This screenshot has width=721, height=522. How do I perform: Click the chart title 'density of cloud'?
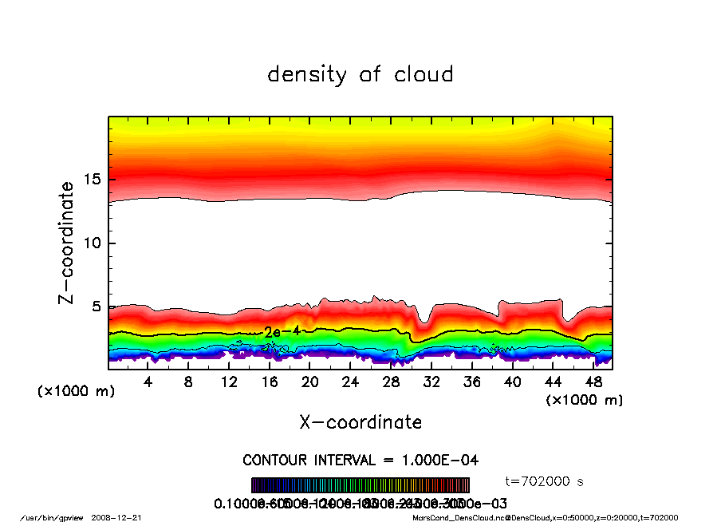[360, 75]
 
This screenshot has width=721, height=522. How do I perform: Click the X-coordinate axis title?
[360, 422]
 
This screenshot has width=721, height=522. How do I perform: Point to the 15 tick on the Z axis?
[94, 179]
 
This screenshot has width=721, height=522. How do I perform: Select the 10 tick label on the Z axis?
[94, 243]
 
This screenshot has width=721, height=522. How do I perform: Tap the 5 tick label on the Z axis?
[98, 306]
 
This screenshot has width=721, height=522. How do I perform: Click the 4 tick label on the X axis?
[148, 382]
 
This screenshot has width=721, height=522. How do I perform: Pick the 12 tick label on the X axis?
[229, 382]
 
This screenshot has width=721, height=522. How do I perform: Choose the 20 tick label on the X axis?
[309, 382]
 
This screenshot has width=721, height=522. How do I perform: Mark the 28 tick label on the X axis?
[391, 382]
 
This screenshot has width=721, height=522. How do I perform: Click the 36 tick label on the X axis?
[471, 382]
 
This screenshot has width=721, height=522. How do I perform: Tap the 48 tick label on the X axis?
[592, 382]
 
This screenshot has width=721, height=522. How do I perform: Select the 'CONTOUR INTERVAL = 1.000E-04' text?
[360, 460]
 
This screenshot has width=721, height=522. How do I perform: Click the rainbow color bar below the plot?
[360, 485]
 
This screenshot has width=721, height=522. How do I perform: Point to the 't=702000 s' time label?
[546, 481]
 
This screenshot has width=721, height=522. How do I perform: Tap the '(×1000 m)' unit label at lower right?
[585, 400]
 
